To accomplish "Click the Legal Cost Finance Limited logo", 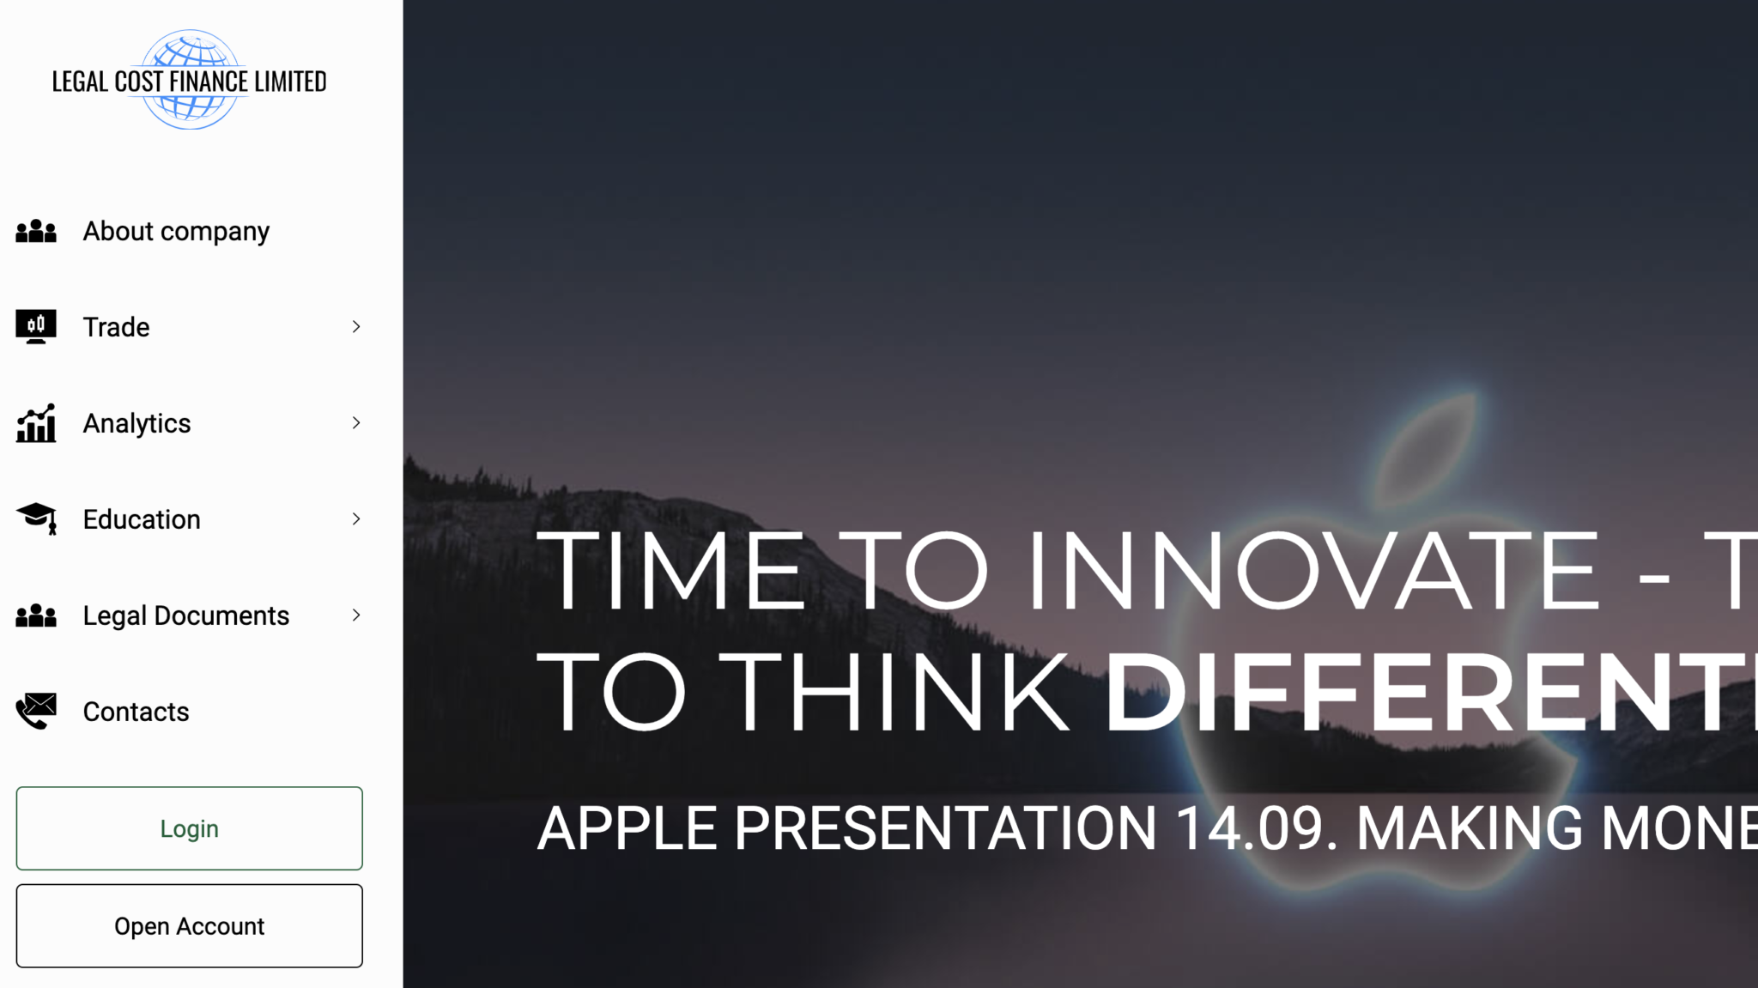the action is [190, 80].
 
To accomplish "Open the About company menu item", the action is [176, 232].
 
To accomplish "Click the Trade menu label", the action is [116, 327].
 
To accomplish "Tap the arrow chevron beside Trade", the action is [356, 327].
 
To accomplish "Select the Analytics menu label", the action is [136, 423].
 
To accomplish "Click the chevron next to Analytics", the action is [356, 423].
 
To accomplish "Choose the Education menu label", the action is [142, 519].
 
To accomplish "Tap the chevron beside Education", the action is [356, 519].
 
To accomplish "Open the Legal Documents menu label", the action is [186, 616].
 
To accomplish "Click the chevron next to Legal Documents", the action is [356, 615].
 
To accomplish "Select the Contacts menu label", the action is [136, 712].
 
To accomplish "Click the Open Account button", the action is [190, 926].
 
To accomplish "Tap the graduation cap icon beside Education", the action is [36, 518].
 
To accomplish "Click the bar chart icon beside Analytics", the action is [36, 423].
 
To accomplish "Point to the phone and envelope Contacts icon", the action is [36, 711].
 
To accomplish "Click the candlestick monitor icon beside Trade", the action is [36, 326].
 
